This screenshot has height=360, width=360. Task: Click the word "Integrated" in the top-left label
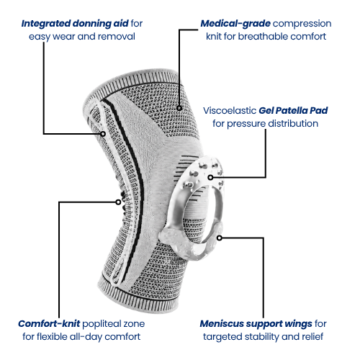click(x=45, y=24)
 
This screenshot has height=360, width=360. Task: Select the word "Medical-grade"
click(x=235, y=24)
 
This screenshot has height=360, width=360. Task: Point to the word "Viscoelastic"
click(x=230, y=111)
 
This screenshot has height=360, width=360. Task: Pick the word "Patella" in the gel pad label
click(x=292, y=111)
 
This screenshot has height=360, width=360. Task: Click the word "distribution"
click(x=293, y=124)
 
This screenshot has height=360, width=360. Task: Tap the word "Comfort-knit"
click(x=49, y=324)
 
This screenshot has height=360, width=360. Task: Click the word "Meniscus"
click(x=222, y=324)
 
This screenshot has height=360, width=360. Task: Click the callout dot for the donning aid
click(x=103, y=134)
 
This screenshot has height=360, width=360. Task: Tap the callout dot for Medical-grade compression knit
click(x=179, y=108)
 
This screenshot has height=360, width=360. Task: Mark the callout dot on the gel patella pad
click(x=210, y=177)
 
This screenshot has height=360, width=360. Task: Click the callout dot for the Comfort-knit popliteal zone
click(x=118, y=202)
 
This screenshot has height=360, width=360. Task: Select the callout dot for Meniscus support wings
click(x=220, y=238)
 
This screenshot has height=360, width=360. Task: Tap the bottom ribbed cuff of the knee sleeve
click(x=139, y=297)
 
